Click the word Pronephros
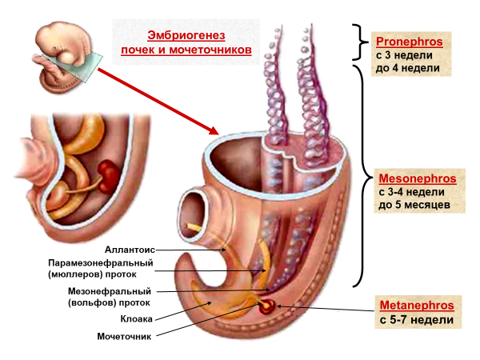coord(409,41)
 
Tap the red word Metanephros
coord(416,306)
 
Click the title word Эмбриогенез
coord(186,35)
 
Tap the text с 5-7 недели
coord(416,320)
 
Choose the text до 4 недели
coord(408,70)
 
